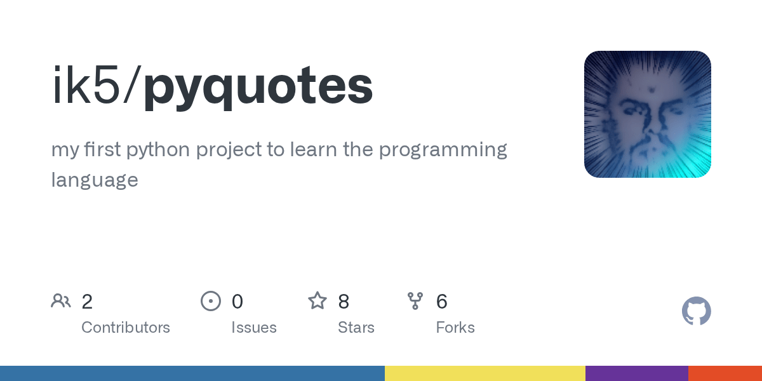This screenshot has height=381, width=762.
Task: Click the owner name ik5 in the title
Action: (x=86, y=84)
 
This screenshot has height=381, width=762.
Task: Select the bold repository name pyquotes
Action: (x=258, y=88)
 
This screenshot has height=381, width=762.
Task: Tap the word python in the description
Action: (x=158, y=150)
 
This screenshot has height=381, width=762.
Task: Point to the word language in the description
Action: (x=95, y=180)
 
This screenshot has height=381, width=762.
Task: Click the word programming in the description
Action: (x=443, y=150)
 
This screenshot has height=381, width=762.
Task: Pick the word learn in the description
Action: (x=313, y=149)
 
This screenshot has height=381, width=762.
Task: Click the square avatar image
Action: (x=648, y=114)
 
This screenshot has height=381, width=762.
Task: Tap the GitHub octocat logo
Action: (x=697, y=311)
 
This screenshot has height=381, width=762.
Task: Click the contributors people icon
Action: (x=61, y=301)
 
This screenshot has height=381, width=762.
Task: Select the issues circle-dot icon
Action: (x=211, y=301)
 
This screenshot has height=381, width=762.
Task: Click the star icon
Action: (x=317, y=301)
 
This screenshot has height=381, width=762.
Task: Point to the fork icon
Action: (x=415, y=301)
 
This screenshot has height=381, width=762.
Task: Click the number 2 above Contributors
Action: (x=87, y=302)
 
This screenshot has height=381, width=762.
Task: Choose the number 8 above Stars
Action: (x=344, y=302)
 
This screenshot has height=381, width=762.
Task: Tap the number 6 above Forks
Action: (x=441, y=302)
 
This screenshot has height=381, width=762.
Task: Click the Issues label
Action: (x=254, y=328)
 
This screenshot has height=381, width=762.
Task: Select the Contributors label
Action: (x=126, y=328)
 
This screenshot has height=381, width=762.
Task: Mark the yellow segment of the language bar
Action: (x=485, y=373)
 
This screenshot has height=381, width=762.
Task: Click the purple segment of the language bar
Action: (x=637, y=373)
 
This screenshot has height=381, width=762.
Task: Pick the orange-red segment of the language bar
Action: (x=725, y=373)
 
